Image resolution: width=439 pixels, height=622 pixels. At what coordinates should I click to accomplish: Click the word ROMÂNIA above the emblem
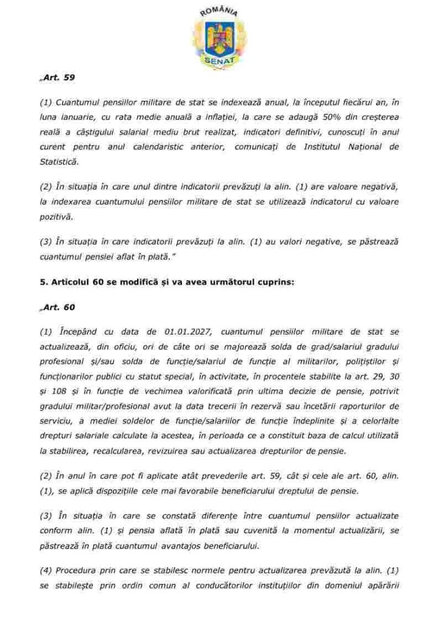(x=219, y=11)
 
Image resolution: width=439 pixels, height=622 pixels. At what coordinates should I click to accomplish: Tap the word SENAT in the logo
(x=219, y=61)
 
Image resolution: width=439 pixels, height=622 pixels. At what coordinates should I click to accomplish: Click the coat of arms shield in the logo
(x=219, y=38)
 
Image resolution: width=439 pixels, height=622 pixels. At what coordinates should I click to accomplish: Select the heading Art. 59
(x=58, y=78)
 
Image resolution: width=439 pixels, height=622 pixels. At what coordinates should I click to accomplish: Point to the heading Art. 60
(x=58, y=307)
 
